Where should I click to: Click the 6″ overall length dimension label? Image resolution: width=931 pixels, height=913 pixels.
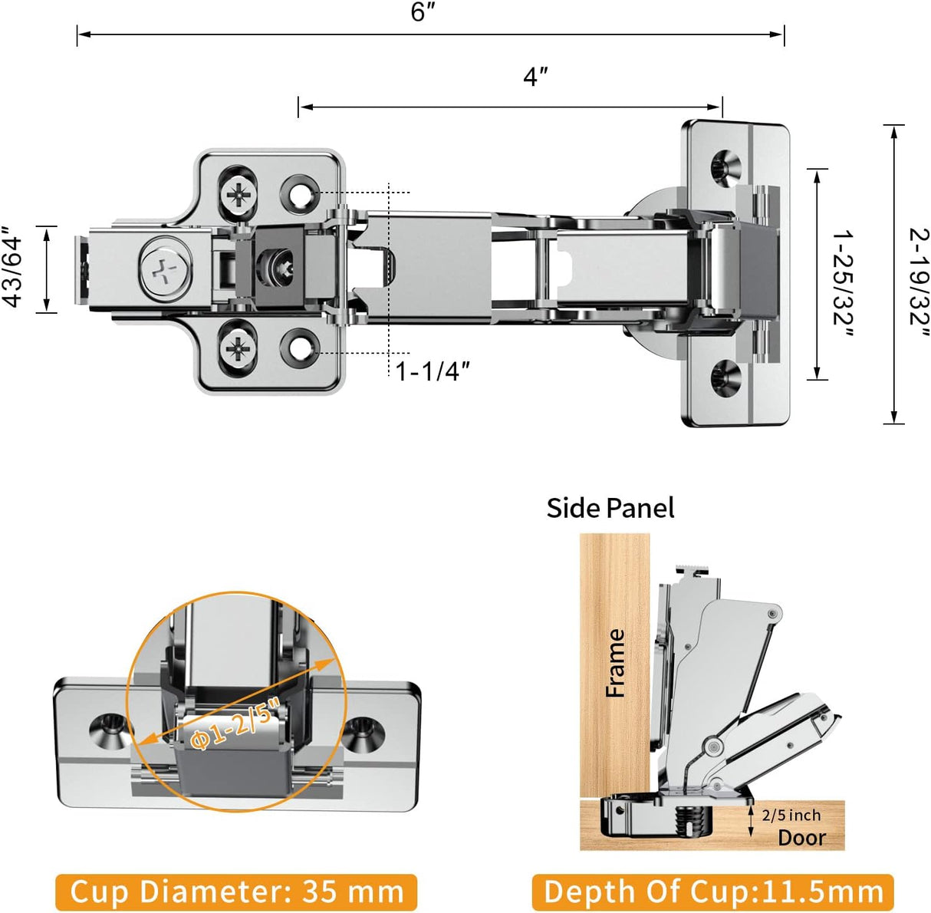423,13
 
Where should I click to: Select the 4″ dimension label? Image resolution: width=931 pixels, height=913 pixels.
535,77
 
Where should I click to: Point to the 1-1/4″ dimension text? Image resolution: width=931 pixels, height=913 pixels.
432,371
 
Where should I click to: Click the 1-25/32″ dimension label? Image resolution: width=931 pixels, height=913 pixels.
844,282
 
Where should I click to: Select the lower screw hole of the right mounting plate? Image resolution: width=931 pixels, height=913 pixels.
725,376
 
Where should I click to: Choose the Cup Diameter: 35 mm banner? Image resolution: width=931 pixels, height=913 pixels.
236,892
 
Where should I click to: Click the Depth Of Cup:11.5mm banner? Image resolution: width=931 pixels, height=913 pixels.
712,892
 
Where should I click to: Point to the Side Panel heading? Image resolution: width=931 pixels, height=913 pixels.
610,508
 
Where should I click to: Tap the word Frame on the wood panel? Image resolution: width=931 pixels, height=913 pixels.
615,663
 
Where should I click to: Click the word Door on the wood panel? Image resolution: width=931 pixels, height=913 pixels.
801,837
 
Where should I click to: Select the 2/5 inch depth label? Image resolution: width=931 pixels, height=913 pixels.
791,816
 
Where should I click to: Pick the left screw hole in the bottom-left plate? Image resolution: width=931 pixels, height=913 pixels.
107,727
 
